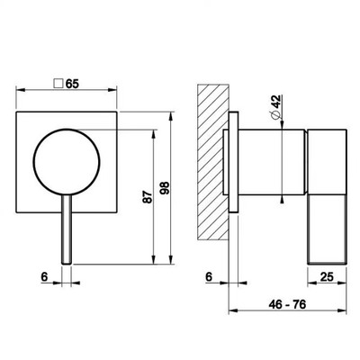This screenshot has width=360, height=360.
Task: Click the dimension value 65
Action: pyautogui.click(x=72, y=84)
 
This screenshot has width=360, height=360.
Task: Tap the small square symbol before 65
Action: pyautogui.click(x=58, y=84)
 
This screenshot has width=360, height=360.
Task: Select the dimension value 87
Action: pyautogui.click(x=148, y=197)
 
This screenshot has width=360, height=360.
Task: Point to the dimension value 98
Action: pyautogui.click(x=165, y=188)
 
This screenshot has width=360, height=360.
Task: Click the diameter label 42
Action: pyautogui.click(x=276, y=101)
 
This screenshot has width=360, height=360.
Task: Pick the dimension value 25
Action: pyautogui.click(x=327, y=276)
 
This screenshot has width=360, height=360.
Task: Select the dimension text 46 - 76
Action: pyautogui.click(x=287, y=305)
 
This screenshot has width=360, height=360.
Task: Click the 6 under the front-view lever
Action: pyautogui.click(x=44, y=276)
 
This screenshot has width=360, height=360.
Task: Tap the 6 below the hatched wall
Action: pyautogui.click(x=209, y=276)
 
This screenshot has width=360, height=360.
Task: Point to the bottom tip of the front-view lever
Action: pyautogui.click(x=67, y=264)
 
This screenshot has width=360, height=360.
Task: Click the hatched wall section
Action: pyautogui.click(x=213, y=162)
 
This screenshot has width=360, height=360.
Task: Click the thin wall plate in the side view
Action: pyautogui.click(x=234, y=162)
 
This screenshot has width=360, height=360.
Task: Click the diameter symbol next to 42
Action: pyautogui.click(x=275, y=114)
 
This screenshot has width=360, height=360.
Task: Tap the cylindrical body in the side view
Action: pyautogui.click(x=273, y=162)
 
